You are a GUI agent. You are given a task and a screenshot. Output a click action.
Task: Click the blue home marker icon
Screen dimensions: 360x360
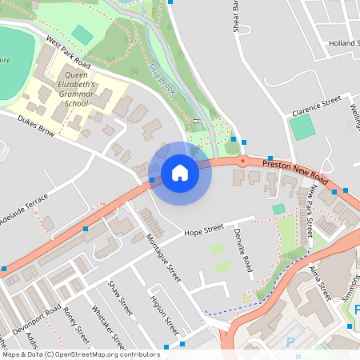[179, 173]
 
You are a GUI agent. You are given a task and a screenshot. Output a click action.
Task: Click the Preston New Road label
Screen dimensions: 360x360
[295, 170]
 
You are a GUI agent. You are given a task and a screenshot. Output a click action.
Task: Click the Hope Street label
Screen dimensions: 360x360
[203, 232]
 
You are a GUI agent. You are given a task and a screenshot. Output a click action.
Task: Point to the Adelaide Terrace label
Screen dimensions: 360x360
[24, 210]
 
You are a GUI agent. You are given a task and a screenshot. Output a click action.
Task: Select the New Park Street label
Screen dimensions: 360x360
[310, 211]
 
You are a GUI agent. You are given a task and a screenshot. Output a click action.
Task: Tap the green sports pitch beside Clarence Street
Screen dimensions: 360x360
[302, 127]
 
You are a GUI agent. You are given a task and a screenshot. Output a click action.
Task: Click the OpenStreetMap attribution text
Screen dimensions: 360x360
[81, 354]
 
